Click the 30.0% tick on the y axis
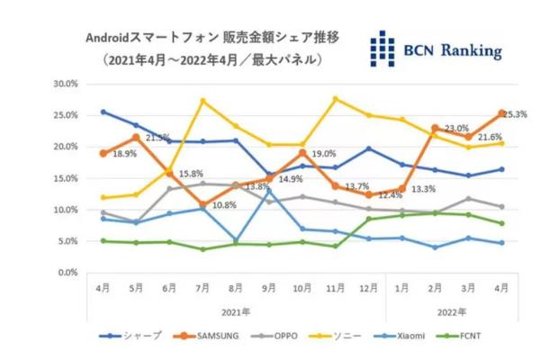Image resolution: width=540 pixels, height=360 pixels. point(66,84)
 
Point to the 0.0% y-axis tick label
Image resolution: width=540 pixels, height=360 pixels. point(68,273)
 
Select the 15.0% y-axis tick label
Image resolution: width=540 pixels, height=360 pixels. point(66,178)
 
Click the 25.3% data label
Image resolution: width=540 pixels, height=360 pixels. point(515,115)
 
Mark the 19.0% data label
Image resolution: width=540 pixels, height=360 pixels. point(323,154)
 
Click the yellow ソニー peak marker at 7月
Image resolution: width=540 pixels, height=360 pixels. point(203,100)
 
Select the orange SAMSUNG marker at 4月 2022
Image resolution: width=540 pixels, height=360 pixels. point(501,113)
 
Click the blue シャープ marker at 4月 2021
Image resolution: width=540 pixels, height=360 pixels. point(103,112)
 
